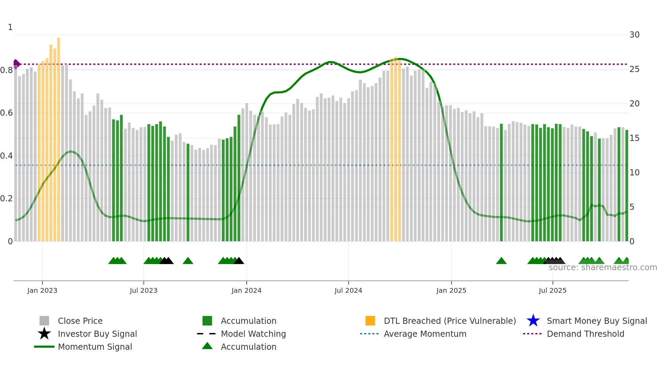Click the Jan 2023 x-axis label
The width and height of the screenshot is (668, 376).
[42, 290]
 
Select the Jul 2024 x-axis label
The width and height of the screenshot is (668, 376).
[348, 290]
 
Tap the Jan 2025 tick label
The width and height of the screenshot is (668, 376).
[451, 290]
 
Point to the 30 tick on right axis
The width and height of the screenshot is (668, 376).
[634, 35]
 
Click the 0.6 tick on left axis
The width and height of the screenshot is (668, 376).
[6, 113]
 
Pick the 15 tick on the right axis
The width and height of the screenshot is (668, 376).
[634, 138]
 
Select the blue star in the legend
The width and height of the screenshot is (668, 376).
[533, 321]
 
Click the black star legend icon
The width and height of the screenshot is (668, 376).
[44, 334]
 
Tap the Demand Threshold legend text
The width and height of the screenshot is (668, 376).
[585, 334]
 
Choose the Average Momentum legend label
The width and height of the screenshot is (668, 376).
[425, 334]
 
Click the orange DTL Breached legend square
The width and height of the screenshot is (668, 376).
[370, 321]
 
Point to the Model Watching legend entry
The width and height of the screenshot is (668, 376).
[253, 334]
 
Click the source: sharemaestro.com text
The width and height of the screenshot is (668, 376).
[603, 267]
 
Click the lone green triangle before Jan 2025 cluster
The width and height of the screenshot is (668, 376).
[501, 261]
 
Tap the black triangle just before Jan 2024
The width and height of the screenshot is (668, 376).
[239, 261]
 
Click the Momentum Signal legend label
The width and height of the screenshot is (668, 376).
[95, 347]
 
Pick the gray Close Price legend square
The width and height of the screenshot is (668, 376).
[44, 321]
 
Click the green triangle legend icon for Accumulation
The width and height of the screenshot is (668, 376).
[207, 346]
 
